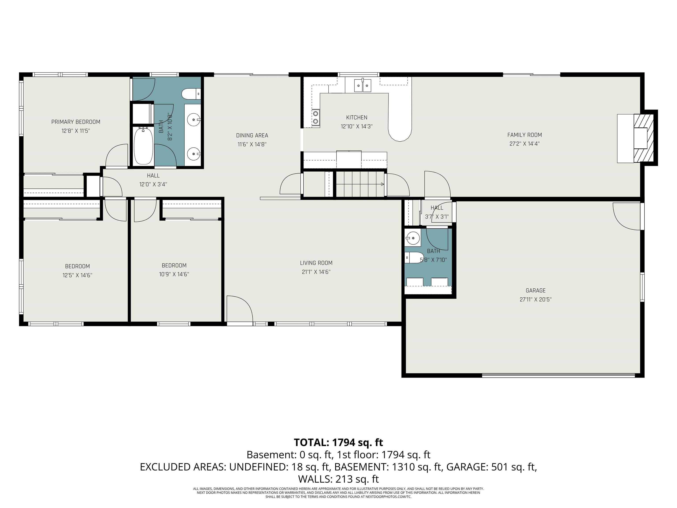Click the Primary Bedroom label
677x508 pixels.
76,122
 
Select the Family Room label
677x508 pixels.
524,135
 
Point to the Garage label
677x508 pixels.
536,291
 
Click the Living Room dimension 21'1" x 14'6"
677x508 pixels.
316,272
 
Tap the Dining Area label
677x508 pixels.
252,135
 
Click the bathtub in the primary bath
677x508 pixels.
143,146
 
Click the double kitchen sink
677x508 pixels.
363,85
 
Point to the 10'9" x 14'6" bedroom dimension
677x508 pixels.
174,274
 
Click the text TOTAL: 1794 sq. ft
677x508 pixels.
338,443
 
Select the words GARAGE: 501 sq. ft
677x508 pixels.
491,467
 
